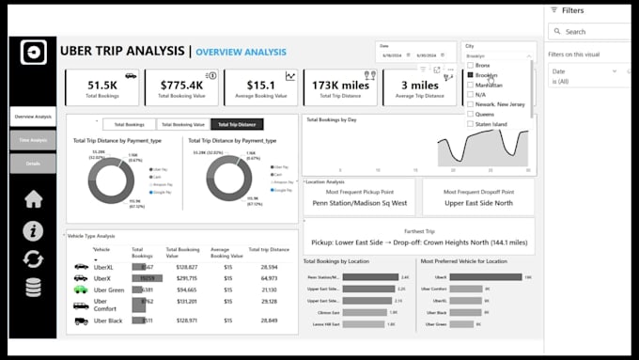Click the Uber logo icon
[34, 52]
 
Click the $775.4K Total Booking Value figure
[181, 84]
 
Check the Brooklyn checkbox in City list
[471, 75]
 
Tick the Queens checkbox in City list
[471, 114]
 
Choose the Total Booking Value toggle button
[181, 124]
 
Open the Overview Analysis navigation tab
[33, 117]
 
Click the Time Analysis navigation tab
[33, 140]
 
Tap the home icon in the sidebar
[33, 198]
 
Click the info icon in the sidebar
[33, 230]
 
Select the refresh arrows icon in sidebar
[33, 259]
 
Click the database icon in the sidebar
[33, 288]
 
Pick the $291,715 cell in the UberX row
[180, 278]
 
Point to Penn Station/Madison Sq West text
[359, 202]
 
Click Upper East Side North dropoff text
[477, 202]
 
